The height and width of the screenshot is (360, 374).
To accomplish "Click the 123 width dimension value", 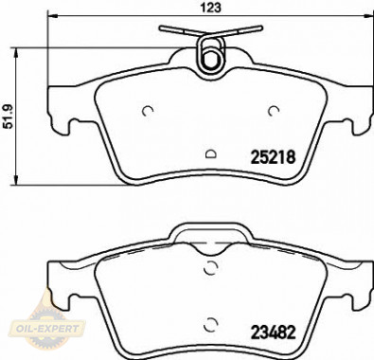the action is coord(211,8).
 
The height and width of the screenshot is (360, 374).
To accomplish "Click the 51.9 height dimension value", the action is coord(9,117).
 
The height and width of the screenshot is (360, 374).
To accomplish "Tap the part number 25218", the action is coord(273,157).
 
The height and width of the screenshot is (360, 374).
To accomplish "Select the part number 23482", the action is coord(273,332).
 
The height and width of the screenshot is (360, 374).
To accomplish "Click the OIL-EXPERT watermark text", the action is coord(47,329).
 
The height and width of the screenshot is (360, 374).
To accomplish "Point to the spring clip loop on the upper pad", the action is coord(210,53).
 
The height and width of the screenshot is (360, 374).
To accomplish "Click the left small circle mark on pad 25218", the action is coord(148,111).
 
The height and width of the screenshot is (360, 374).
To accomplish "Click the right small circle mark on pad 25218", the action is coord(274,111).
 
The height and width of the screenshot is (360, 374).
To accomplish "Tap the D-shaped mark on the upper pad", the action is coord(210,153).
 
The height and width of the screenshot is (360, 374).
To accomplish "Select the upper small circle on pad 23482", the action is coord(211,268).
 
